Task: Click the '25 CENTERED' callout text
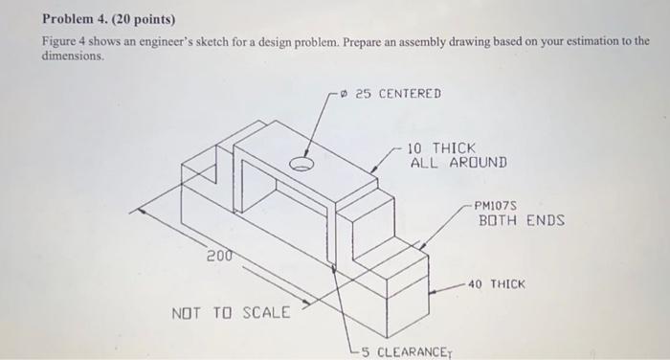point(397,93)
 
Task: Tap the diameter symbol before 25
point(344,93)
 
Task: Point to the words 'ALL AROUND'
point(458,163)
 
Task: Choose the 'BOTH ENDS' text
point(522,220)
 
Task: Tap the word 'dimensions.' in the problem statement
point(71,56)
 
